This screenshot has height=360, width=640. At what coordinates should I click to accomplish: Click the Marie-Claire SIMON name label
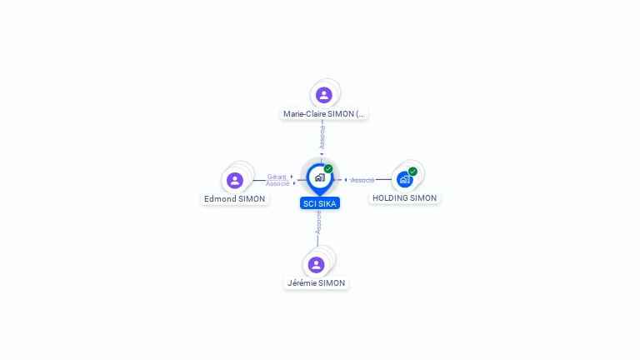click(x=323, y=114)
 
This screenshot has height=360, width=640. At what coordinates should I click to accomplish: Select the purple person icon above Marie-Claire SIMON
click(x=323, y=95)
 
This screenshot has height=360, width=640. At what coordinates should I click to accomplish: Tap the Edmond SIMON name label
click(x=235, y=199)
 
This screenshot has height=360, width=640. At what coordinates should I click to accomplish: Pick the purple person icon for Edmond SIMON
click(x=235, y=180)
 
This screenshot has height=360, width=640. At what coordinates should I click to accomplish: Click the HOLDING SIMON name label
click(x=404, y=198)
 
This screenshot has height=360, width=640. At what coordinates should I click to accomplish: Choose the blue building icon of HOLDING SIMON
click(x=404, y=180)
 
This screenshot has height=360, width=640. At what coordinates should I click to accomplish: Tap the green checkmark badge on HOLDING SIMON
click(x=412, y=172)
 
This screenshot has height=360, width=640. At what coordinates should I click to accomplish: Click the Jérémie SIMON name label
click(x=316, y=282)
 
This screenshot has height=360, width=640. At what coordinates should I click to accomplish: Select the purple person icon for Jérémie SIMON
click(x=316, y=265)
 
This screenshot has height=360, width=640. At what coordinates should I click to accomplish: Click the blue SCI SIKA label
click(x=320, y=203)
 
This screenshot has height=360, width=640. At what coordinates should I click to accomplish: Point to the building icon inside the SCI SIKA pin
click(x=320, y=177)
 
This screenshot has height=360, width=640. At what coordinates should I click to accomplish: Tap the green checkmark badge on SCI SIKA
click(x=328, y=168)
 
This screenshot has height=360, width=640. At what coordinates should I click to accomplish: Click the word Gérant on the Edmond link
click(x=277, y=177)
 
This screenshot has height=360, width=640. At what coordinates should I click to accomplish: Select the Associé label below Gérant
click(x=277, y=183)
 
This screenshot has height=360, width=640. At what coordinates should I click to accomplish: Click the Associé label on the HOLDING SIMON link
click(x=362, y=180)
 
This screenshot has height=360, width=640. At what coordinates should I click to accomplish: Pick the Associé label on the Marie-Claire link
click(x=322, y=137)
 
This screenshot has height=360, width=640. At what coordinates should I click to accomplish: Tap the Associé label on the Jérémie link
click(x=318, y=222)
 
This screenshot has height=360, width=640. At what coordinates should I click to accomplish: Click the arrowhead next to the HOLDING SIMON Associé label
click(x=346, y=180)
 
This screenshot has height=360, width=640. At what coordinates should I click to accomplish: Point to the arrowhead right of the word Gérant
click(x=292, y=177)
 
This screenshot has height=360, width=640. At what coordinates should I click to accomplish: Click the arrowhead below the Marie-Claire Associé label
click(x=322, y=154)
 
